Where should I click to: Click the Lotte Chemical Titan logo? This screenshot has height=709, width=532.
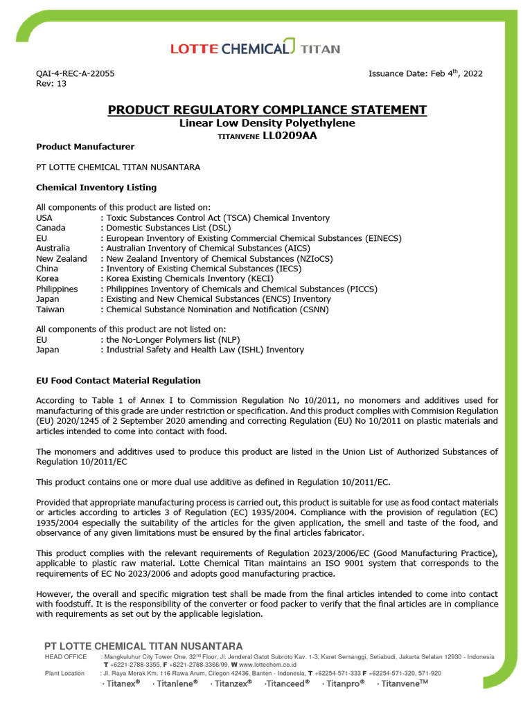coord(255,48)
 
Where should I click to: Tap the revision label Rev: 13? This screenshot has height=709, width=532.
coord(51,84)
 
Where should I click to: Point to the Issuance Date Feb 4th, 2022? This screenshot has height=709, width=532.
coord(425,73)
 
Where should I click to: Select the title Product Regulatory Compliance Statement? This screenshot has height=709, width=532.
coord(267,110)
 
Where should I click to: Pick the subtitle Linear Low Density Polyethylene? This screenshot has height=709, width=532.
coord(267,123)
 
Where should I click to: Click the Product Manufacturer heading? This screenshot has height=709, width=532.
coord(85,147)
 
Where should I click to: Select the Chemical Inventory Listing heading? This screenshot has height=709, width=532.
coord(96,188)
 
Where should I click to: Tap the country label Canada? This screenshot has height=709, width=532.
coord(51,228)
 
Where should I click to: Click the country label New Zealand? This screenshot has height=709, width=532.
coord(62,258)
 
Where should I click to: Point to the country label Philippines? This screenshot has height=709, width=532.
coord(57,289)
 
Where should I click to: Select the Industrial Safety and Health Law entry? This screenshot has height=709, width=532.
coord(204,350)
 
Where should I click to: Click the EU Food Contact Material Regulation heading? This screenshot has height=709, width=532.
coord(118,381)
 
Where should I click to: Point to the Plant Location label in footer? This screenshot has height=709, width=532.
coord(64,673)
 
